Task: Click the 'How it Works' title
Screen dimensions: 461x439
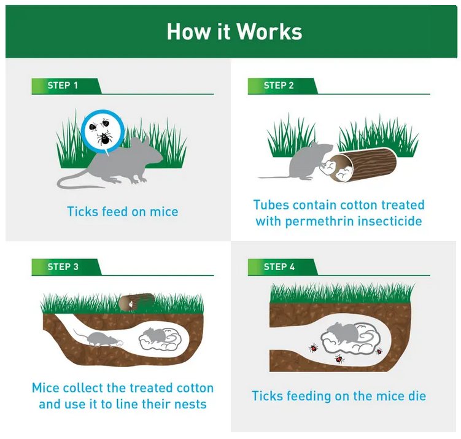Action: [x=234, y=31]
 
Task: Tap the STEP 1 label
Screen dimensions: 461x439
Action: [x=63, y=85]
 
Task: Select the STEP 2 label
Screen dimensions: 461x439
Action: [x=279, y=85]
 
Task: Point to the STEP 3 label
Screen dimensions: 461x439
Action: [x=63, y=266]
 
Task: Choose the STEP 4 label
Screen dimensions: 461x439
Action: [x=279, y=266]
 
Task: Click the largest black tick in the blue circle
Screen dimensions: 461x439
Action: [x=104, y=138]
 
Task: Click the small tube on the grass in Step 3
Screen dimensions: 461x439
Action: [x=137, y=301]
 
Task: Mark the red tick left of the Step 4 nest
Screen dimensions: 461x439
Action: [x=314, y=348]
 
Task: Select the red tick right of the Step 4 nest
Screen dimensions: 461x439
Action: [x=379, y=351]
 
